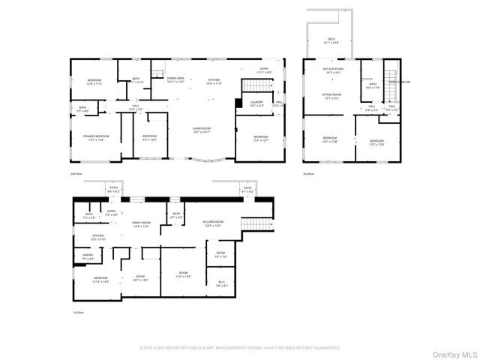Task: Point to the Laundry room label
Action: [256, 104]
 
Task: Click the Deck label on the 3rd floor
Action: [331, 40]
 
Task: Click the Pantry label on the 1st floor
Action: [88, 257]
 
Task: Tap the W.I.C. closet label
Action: [221, 284]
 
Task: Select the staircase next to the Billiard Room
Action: [255, 226]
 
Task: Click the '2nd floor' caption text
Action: [76, 173]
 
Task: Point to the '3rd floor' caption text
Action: [309, 173]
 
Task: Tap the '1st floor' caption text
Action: [76, 312]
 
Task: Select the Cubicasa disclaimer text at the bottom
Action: [240, 347]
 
